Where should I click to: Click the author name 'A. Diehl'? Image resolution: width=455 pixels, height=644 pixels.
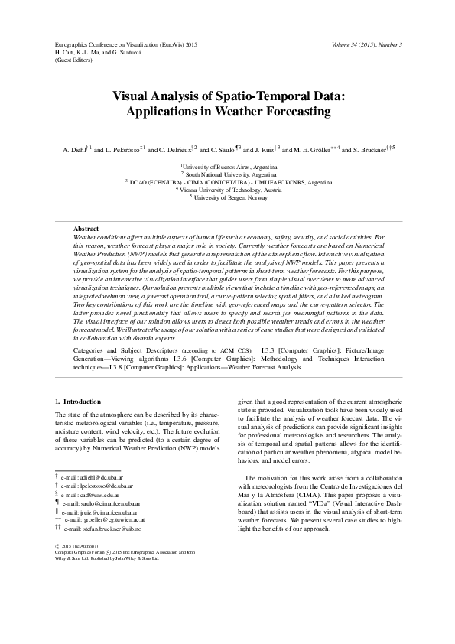pos(76,149)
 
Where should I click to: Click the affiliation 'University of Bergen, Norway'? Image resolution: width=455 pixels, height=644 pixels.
pos(234,197)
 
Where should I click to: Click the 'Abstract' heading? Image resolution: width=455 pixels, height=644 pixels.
pos(86,229)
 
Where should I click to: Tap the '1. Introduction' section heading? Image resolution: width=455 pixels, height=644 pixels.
pos(79,402)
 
